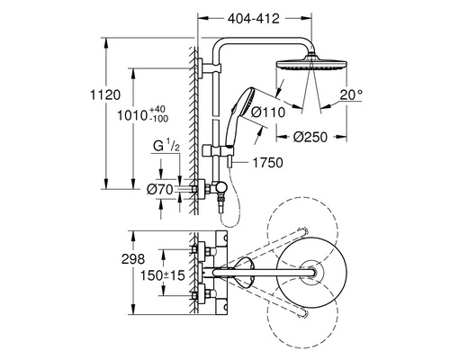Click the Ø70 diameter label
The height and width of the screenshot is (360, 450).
click(x=160, y=188)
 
